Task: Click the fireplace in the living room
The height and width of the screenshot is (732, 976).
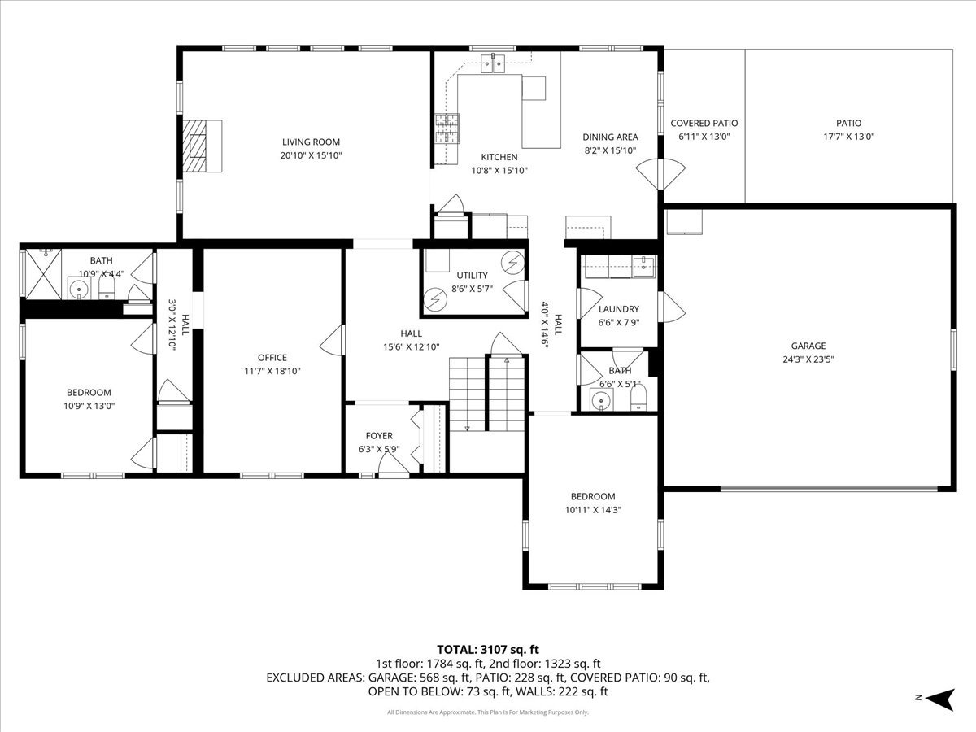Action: (x=202, y=146)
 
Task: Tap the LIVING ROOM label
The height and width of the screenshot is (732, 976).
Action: (x=311, y=142)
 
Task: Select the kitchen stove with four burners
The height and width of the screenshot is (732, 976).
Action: (x=447, y=128)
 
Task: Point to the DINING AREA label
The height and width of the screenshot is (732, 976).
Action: (x=610, y=137)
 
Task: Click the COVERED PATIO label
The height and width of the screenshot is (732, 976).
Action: (x=704, y=124)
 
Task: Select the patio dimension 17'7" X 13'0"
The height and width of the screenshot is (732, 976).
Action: (x=848, y=137)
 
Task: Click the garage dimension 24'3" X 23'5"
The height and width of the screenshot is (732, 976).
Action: (x=808, y=359)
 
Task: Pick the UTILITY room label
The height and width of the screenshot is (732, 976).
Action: (x=472, y=277)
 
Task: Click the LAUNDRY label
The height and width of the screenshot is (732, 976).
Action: (x=619, y=309)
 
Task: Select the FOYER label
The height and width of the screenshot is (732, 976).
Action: (x=379, y=436)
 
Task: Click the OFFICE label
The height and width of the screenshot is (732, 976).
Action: (x=272, y=358)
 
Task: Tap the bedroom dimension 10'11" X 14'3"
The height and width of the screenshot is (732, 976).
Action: (x=592, y=510)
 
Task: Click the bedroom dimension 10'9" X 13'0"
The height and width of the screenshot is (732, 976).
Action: (x=89, y=405)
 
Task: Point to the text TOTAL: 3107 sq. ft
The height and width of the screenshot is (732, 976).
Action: (x=488, y=649)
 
